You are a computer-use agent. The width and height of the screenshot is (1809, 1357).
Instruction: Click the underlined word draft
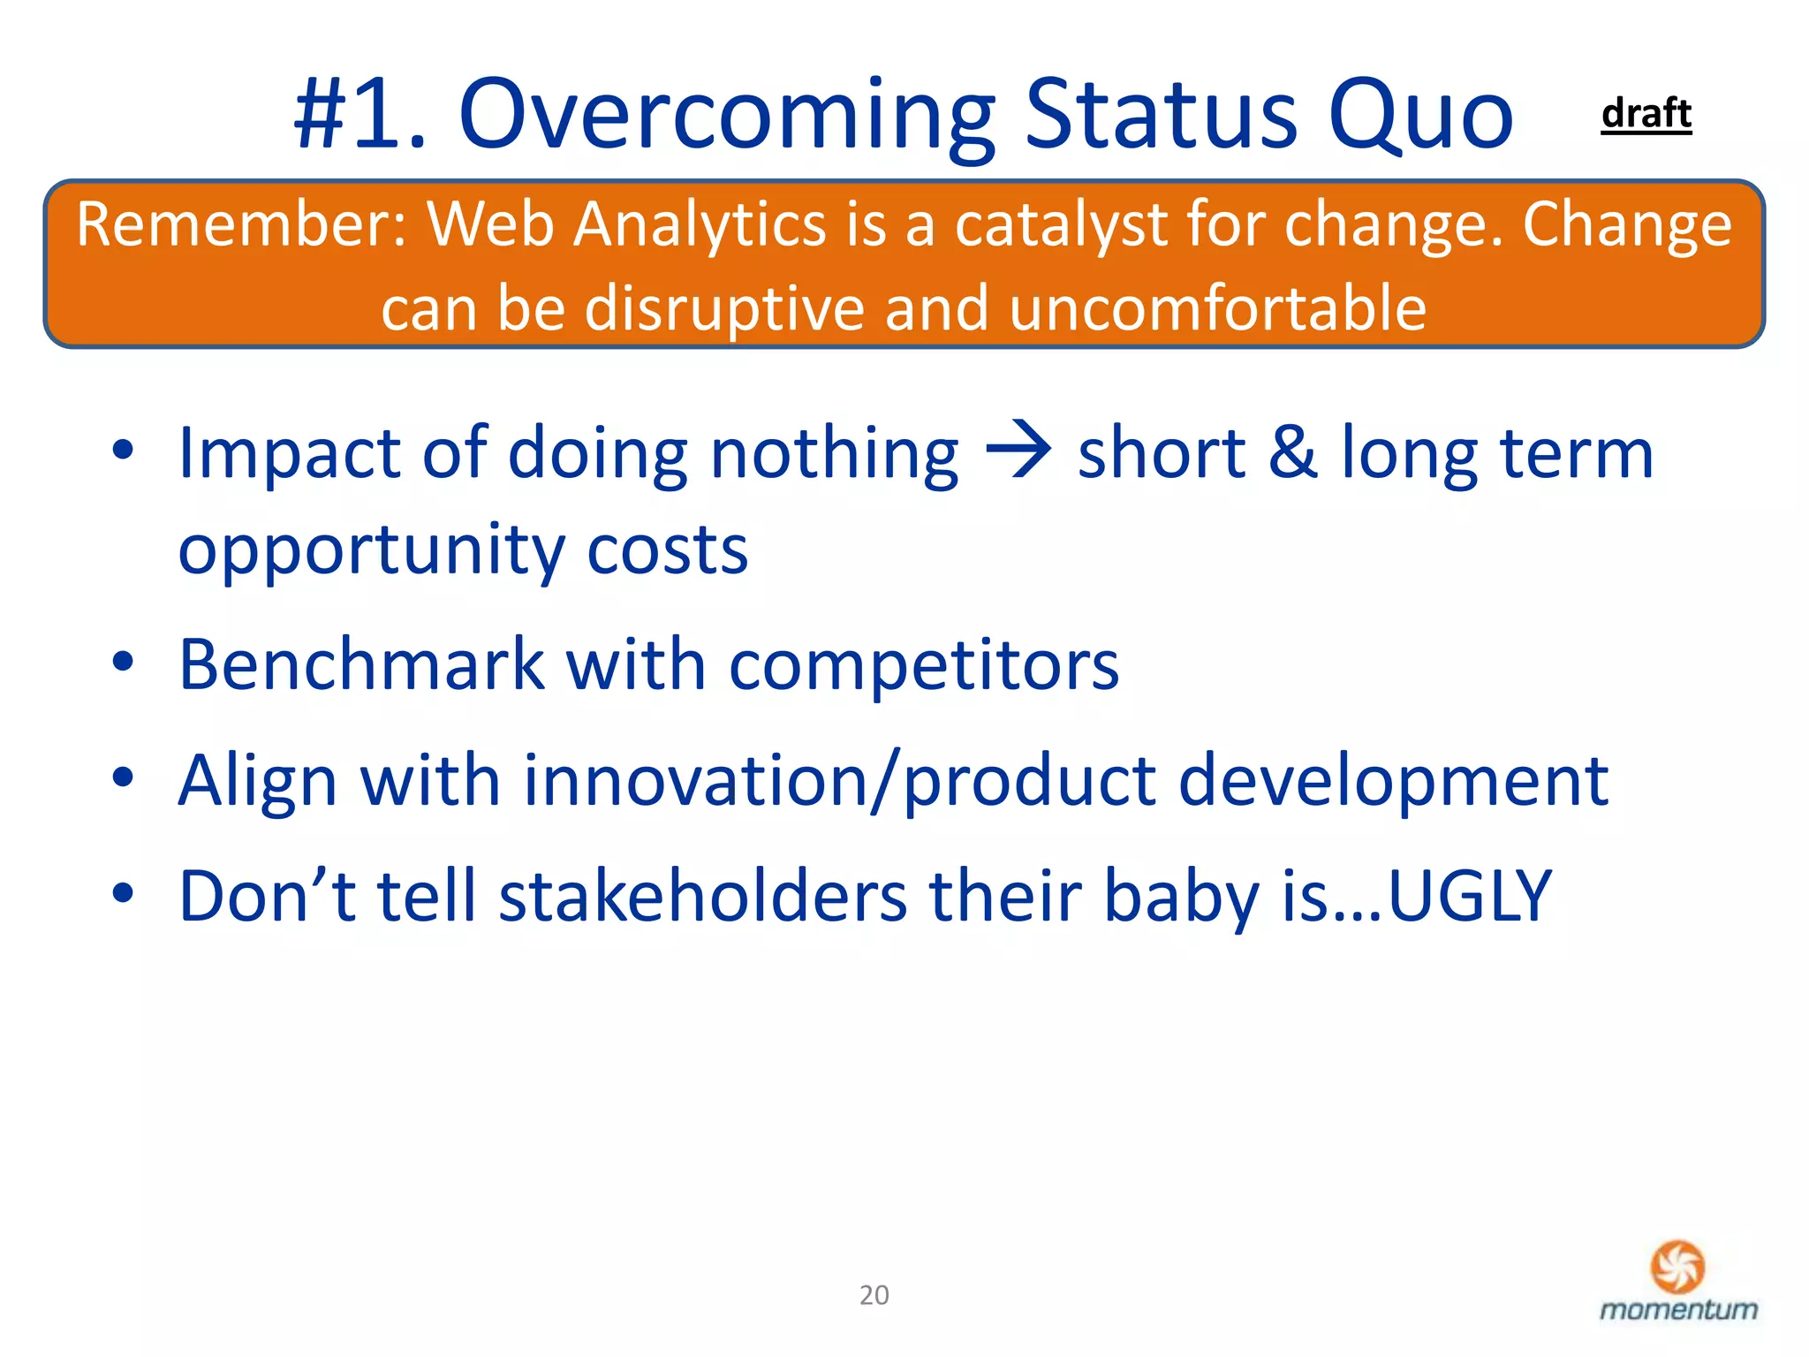pos(1646,114)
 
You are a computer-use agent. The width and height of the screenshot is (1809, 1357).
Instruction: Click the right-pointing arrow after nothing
pos(1018,451)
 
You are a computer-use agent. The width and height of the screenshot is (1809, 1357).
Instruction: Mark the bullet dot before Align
pos(123,777)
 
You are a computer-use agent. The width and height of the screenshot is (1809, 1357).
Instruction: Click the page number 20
pos(874,1295)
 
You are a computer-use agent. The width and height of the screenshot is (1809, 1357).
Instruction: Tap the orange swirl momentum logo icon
pos(1677,1266)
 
